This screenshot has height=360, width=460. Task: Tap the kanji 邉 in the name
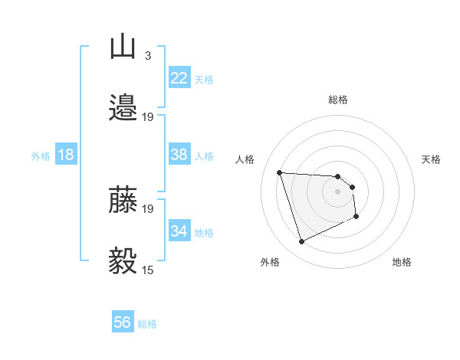[x=123, y=108]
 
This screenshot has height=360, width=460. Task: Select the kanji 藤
[x=123, y=201]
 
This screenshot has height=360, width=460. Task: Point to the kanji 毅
[x=123, y=261]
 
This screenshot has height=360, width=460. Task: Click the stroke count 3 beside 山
[x=147, y=56]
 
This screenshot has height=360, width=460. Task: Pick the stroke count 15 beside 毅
[x=147, y=270]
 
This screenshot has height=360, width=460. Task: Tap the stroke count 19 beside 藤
[x=147, y=208]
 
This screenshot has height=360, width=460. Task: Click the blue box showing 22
[x=179, y=77]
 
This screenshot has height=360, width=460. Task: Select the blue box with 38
[x=179, y=154]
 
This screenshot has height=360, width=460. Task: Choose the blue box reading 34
[x=179, y=231]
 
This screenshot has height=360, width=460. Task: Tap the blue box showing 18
[x=66, y=155]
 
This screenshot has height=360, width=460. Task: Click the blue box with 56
[x=123, y=322]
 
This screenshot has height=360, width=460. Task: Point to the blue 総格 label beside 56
[x=147, y=324]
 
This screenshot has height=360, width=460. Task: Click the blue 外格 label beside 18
[x=41, y=156]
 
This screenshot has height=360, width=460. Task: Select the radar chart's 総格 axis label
[x=338, y=100]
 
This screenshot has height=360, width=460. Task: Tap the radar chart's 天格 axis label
[x=431, y=159]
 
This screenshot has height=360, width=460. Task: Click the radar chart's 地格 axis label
[x=402, y=263]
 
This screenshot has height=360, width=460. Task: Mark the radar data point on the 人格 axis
[x=280, y=172]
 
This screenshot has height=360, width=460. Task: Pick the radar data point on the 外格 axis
[x=301, y=242]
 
